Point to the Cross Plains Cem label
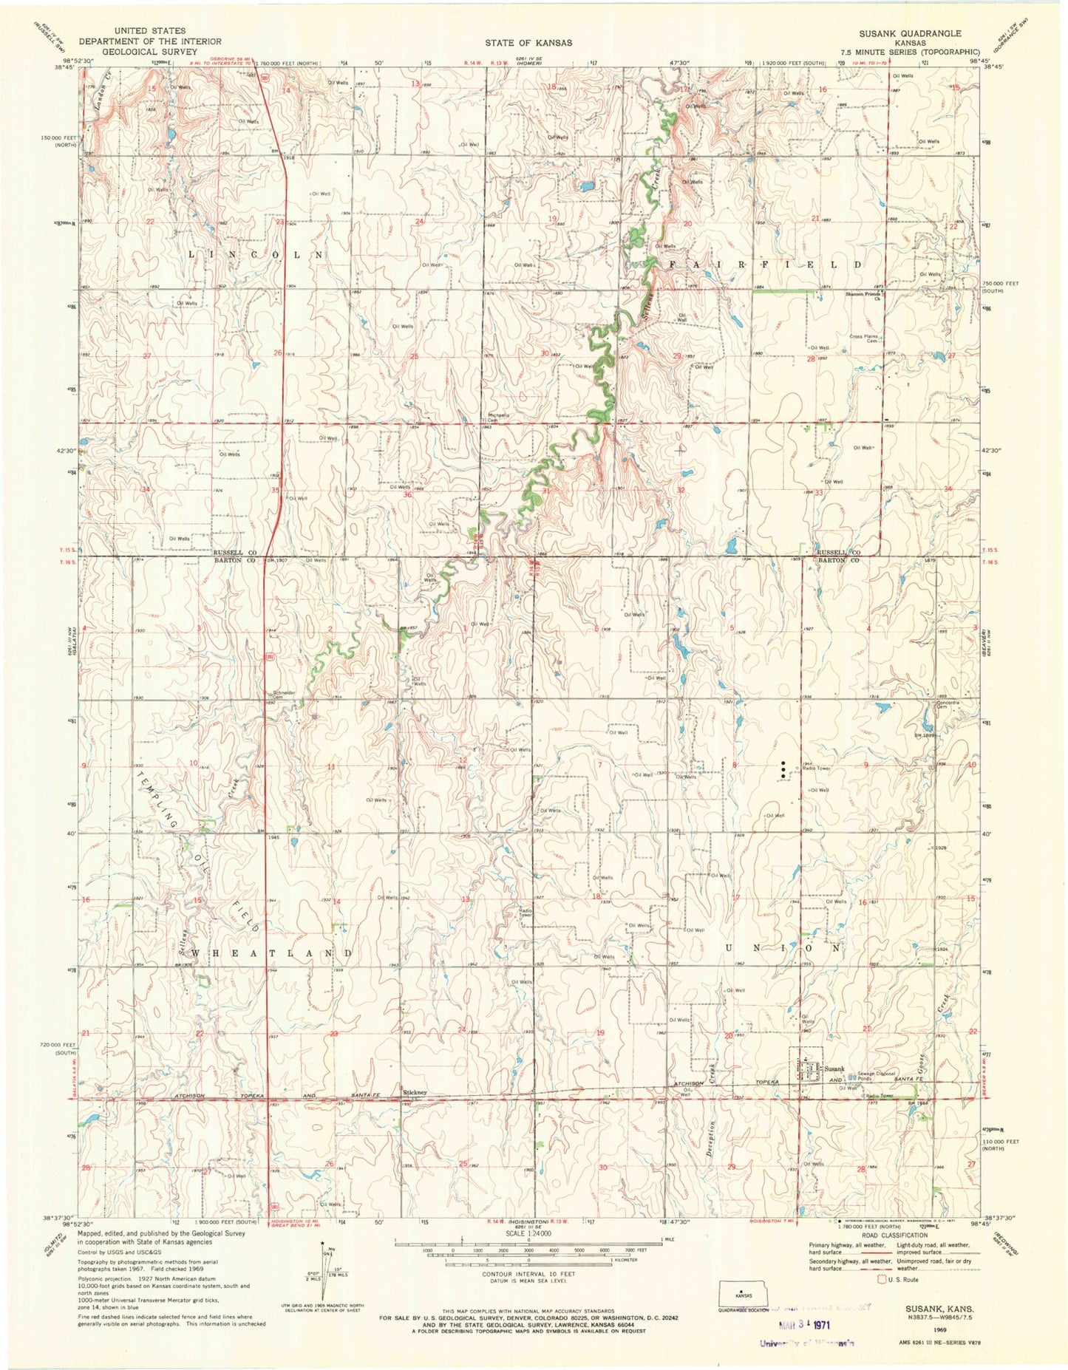click(x=864, y=338)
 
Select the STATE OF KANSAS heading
click(x=528, y=43)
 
